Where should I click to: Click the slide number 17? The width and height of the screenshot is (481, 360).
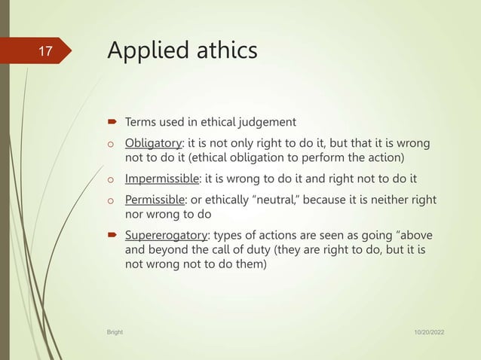[46, 51]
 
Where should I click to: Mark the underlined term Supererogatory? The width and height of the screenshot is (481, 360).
[167, 236]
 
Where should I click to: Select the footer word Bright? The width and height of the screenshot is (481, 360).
[115, 331]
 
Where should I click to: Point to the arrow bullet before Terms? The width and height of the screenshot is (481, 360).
[111, 121]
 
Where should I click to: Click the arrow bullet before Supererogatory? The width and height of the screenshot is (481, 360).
[111, 236]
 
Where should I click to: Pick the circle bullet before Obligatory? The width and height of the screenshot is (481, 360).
[110, 144]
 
